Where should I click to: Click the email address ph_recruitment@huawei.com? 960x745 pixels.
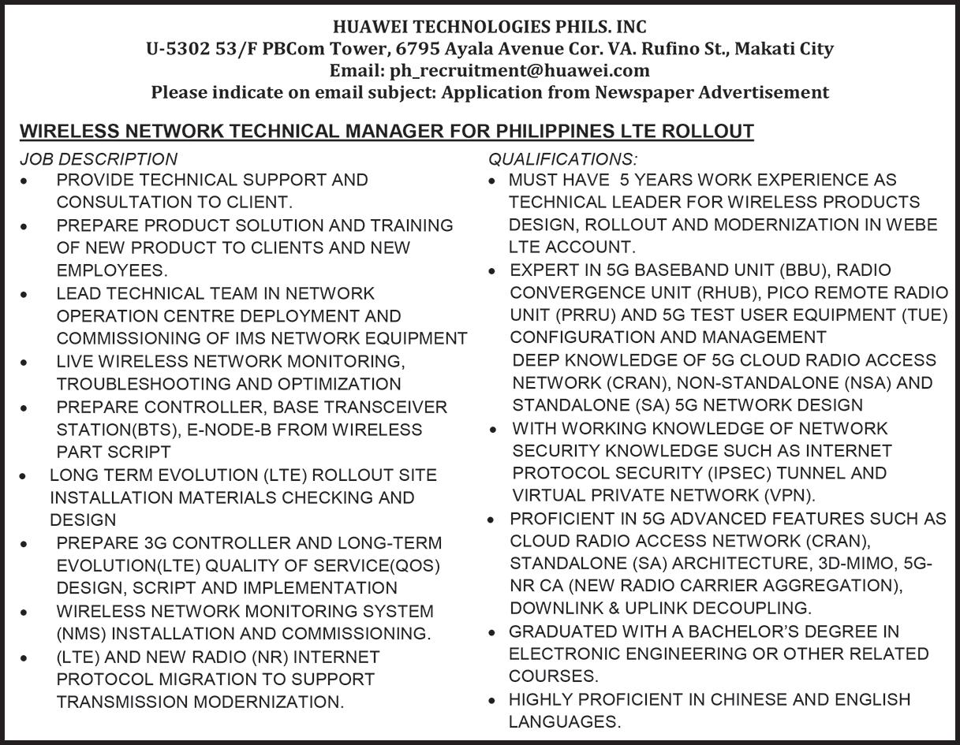coord(520,70)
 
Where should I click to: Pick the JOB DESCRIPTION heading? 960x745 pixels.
coord(99,159)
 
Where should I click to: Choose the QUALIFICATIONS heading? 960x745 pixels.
coord(563,159)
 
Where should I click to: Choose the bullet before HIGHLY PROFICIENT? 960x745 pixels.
coord(492,700)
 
